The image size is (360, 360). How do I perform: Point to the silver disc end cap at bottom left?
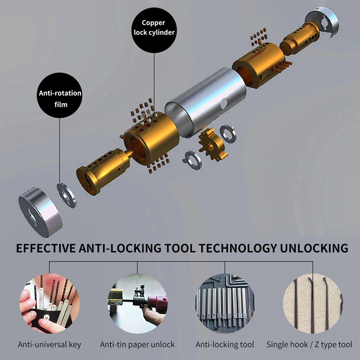pyautogui.click(x=40, y=213)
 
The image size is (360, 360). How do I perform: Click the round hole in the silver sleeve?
pyautogui.click(x=224, y=103)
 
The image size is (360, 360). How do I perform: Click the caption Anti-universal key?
pyautogui.click(x=49, y=345)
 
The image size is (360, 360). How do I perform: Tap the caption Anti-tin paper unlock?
pyautogui.click(x=137, y=345)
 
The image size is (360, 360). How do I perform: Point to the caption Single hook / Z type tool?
pyautogui.click(x=310, y=345)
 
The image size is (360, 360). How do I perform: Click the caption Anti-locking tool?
pyautogui.click(x=225, y=345)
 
